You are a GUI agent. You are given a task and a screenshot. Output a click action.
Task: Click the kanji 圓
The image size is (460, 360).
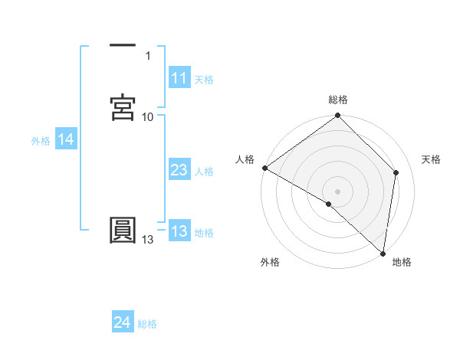(x=123, y=231)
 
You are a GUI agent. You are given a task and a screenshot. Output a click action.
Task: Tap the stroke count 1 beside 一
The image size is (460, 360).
(x=147, y=56)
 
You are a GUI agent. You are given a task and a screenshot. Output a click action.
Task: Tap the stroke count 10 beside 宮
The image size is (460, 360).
(x=147, y=116)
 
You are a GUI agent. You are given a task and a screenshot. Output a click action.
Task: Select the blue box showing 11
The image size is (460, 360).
(x=179, y=78)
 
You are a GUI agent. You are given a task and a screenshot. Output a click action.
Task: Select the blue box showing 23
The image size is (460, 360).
(x=179, y=171)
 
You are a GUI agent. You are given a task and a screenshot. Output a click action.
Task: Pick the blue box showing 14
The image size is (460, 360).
(x=66, y=139)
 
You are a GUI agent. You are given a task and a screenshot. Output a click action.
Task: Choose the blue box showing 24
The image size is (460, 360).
(x=122, y=322)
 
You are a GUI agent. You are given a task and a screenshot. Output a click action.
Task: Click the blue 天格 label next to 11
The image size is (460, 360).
(x=204, y=80)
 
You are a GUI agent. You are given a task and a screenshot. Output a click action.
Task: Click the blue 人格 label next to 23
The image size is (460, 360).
(x=204, y=172)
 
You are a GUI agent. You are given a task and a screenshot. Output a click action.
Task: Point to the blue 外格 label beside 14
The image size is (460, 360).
(x=40, y=141)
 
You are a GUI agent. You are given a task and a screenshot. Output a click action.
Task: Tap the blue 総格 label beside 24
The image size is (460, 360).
(x=147, y=324)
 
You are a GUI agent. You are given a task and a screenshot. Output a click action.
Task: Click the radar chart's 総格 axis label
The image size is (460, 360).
(x=338, y=100)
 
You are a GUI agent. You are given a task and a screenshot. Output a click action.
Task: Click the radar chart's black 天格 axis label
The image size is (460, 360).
(x=432, y=159)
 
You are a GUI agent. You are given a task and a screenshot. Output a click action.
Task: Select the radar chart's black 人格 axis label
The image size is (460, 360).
(x=245, y=159)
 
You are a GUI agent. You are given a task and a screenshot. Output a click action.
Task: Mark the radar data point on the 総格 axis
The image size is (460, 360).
(x=338, y=116)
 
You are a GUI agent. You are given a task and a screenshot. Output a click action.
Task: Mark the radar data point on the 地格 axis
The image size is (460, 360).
(x=383, y=253)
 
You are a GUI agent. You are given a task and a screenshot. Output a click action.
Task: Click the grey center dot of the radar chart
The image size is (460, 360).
(x=338, y=191)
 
